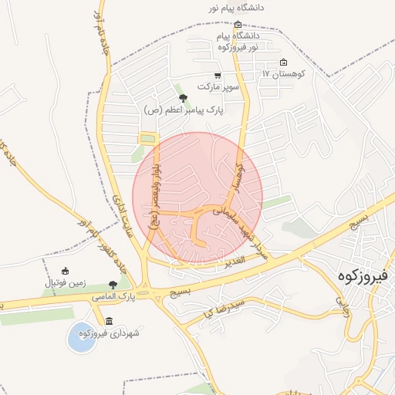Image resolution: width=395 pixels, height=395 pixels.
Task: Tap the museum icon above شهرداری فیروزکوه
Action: pyautogui.click(x=109, y=321)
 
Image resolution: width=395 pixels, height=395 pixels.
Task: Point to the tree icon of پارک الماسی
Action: pyautogui.click(x=113, y=284)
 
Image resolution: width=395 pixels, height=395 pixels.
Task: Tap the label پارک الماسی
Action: pyautogui.click(x=128, y=295)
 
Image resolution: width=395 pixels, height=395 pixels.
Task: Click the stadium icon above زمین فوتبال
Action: pyautogui.click(x=65, y=271)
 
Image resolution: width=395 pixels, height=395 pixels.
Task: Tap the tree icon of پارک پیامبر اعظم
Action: pyautogui.click(x=183, y=98)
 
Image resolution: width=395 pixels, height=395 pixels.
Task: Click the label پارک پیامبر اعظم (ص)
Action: pyautogui.click(x=183, y=110)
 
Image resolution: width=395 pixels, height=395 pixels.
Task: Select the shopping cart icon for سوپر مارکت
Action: pyautogui.click(x=218, y=76)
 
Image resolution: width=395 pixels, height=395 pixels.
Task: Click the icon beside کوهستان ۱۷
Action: pyautogui.click(x=283, y=62)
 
